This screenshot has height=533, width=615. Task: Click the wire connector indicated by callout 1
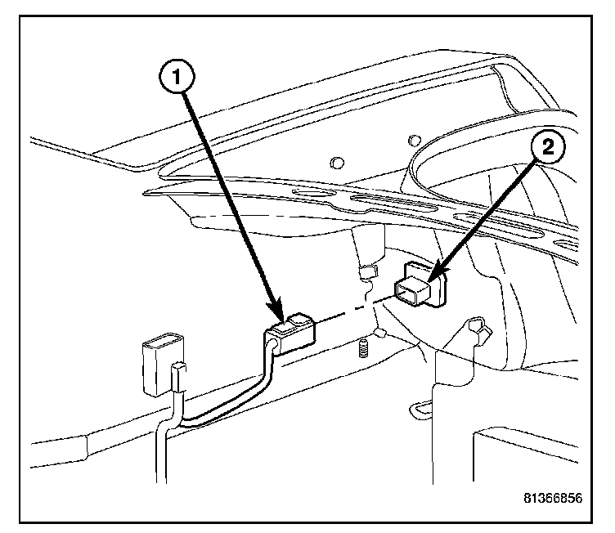[x=293, y=331]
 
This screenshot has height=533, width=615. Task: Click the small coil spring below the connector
[x=363, y=352]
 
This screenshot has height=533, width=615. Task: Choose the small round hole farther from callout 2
[x=338, y=161]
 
